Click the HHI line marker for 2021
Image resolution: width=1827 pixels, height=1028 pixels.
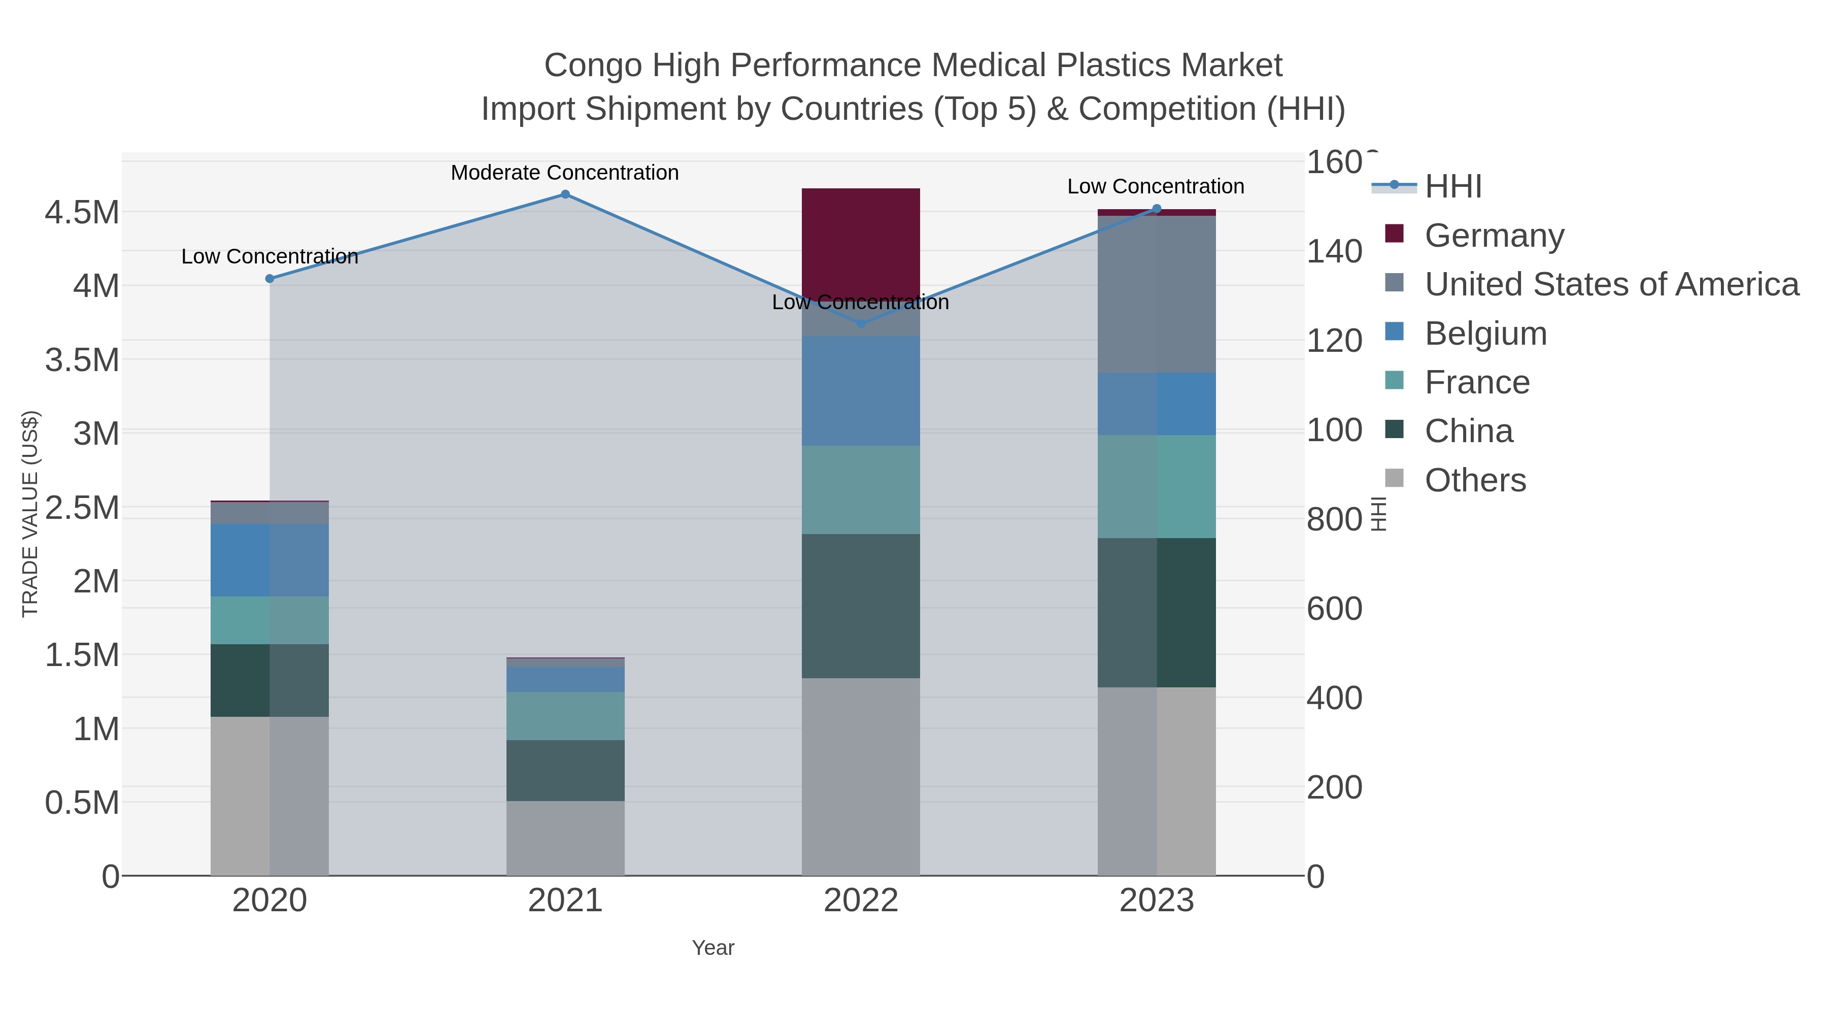click(565, 194)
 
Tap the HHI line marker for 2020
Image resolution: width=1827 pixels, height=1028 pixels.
click(269, 279)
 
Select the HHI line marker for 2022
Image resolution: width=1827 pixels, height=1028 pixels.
click(861, 323)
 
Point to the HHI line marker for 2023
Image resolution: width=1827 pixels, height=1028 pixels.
click(1157, 209)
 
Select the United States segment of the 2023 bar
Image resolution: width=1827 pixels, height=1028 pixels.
click(1157, 294)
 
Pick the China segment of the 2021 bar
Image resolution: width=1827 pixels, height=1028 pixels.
click(565, 771)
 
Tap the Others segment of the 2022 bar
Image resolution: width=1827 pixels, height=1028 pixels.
click(861, 776)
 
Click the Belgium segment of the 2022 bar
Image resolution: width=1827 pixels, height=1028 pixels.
click(861, 391)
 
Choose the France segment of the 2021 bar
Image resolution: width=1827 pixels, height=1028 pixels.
click(565, 716)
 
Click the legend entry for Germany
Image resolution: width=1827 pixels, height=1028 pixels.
click(1494, 235)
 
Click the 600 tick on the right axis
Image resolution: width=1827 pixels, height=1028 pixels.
click(1334, 609)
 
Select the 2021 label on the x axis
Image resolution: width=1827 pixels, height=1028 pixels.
click(565, 900)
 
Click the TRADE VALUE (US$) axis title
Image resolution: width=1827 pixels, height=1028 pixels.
click(30, 514)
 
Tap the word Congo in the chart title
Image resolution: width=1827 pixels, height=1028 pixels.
click(593, 65)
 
